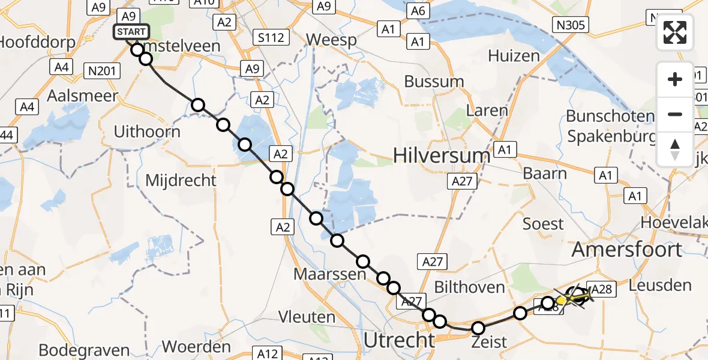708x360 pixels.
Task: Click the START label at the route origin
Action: tap(130, 31)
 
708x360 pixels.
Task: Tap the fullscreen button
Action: tap(675, 32)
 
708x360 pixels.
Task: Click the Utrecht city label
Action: tap(399, 340)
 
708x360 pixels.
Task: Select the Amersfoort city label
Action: tap(627, 249)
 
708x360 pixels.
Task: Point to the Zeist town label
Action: tap(489, 342)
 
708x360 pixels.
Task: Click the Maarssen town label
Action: tap(329, 274)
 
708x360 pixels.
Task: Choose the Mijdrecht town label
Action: tap(181, 179)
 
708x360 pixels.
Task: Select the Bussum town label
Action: tap(434, 81)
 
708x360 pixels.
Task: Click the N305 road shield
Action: tap(571, 25)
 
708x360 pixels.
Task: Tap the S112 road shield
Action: tap(268, 37)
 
